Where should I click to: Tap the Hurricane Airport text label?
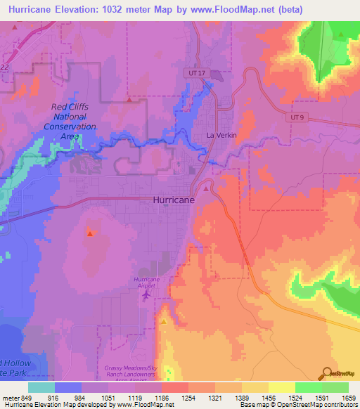(x=146, y=283)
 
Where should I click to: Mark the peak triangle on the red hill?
(x=90, y=232)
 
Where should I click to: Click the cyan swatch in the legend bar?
(x=41, y=387)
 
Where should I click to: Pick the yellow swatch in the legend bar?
(x=282, y=387)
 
